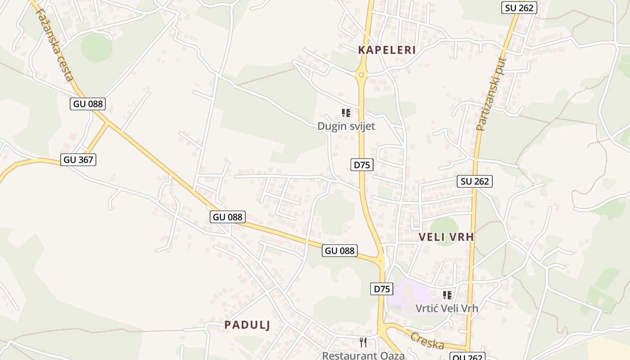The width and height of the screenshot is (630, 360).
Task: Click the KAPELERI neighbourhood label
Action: coord(387,50)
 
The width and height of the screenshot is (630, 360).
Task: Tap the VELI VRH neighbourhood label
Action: coord(446,237)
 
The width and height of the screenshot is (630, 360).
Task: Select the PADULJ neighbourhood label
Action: coord(247,325)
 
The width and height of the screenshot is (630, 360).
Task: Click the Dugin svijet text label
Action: coord(346,126)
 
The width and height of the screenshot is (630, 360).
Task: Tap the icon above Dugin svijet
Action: coord(346,112)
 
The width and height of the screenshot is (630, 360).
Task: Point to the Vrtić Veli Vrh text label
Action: coord(446,308)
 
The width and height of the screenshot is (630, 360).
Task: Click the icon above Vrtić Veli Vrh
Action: coord(447,295)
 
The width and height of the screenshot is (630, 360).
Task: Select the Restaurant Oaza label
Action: coord(363,355)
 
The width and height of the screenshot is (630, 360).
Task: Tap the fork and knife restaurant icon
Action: coord(363,342)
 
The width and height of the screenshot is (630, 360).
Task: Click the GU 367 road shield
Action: coord(79,159)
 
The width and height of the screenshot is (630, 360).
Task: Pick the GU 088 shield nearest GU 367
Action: coord(88,104)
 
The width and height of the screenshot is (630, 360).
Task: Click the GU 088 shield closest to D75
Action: coord(340,251)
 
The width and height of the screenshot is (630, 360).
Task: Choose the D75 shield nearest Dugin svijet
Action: coord(362,165)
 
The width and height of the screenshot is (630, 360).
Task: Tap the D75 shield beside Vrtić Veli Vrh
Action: coord(382,288)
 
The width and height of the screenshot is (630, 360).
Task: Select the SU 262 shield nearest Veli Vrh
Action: coord(475,181)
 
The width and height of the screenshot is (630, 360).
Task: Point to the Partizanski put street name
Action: coord(491,94)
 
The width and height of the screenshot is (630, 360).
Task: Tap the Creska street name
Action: coord(427,341)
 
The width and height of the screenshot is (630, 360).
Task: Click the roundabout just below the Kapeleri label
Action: coord(360,75)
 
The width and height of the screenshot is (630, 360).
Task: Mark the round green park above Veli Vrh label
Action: coord(444,225)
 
